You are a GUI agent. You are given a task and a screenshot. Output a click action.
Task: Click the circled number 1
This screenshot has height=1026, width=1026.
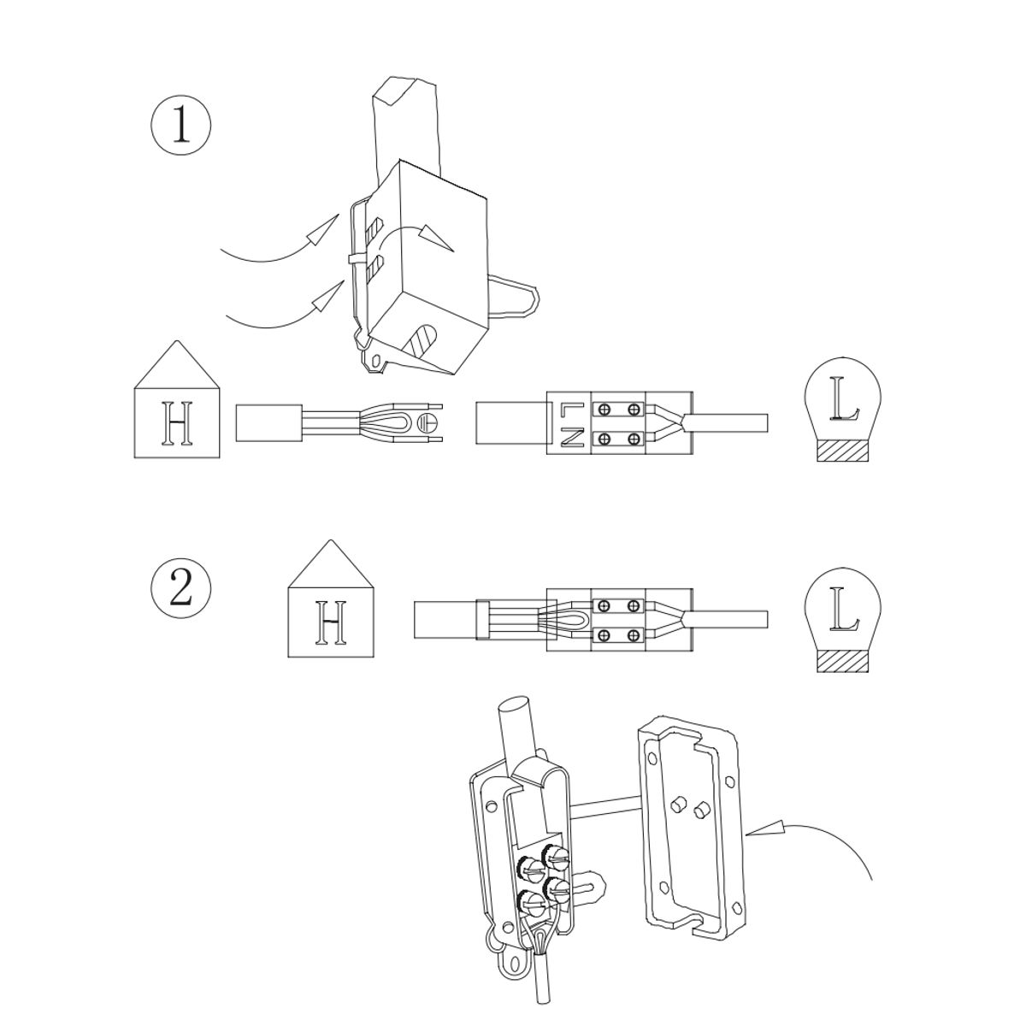(181, 126)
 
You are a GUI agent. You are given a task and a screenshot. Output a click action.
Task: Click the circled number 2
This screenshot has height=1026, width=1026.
(181, 589)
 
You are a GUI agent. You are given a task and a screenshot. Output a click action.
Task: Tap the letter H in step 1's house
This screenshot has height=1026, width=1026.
(177, 423)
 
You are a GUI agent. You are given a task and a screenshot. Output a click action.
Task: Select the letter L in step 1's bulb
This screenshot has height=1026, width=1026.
(845, 400)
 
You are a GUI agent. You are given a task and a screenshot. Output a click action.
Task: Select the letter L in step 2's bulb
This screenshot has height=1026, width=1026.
(845, 610)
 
